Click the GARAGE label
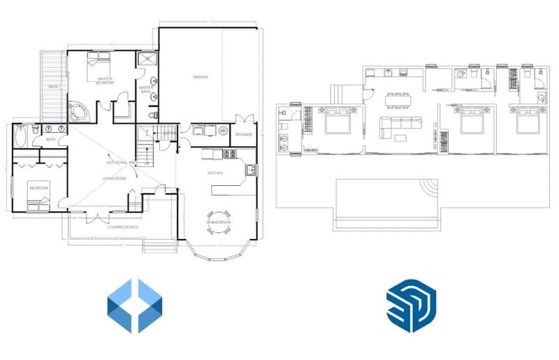pyautogui.click(x=201, y=77)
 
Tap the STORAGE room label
pyautogui.click(x=243, y=134)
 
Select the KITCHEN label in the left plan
pyautogui.click(x=215, y=172)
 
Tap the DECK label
pyautogui.click(x=52, y=86)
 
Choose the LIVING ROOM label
pyautogui.click(x=114, y=179)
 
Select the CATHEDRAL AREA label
pyautogui.click(x=120, y=162)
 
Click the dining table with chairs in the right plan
pyautogui.click(x=398, y=100)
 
